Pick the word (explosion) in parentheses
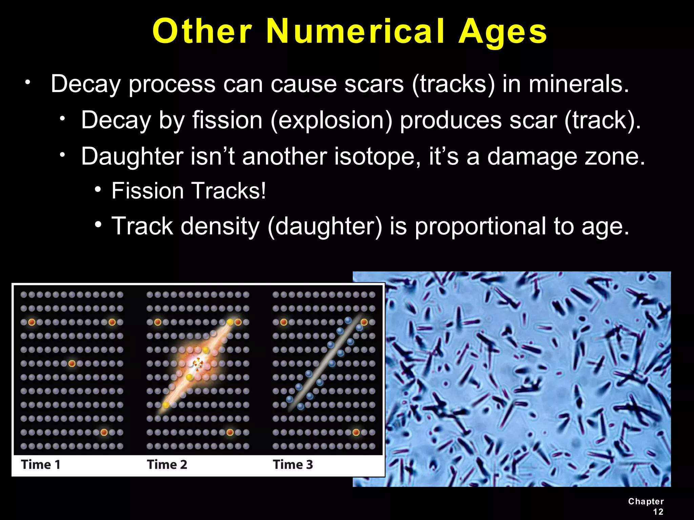click(331, 121)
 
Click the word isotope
click(377, 156)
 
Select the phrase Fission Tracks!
click(189, 191)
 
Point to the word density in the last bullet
click(220, 227)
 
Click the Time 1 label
click(41, 464)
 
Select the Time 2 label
click(167, 464)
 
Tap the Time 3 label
click(293, 464)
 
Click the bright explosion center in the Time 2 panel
click(198, 364)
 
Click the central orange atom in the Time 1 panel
click(72, 364)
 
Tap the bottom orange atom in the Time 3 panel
click(356, 432)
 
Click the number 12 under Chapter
click(658, 512)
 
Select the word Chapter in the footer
click(646, 501)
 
